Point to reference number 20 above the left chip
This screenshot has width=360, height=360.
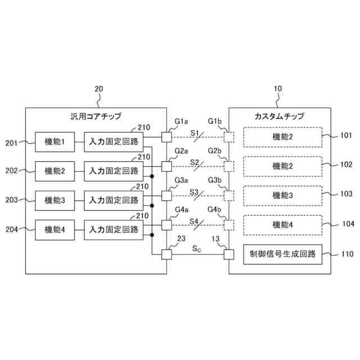(98, 88)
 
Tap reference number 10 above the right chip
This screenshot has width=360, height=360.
(277, 88)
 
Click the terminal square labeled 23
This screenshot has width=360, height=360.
(166, 254)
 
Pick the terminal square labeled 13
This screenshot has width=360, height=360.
(229, 254)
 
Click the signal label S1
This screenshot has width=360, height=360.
(195, 133)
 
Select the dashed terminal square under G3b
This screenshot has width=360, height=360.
(229, 196)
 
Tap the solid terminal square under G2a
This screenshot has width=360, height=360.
(166, 166)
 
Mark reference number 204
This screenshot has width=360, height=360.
(12, 228)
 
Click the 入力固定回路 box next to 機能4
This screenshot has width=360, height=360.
(114, 228)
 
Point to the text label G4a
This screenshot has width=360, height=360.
(181, 210)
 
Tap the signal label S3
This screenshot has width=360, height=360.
(195, 191)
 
